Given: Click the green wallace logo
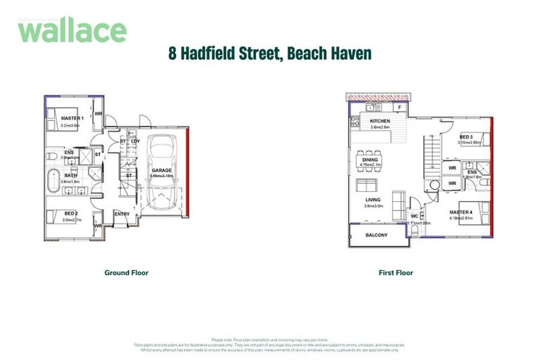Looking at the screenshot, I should (x=72, y=30).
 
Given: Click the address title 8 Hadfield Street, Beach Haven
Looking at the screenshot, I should (x=269, y=53).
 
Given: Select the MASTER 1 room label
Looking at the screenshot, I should (x=72, y=118).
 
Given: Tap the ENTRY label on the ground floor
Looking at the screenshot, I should (x=122, y=214).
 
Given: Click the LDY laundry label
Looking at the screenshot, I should (x=135, y=141).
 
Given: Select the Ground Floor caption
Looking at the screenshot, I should (x=127, y=273).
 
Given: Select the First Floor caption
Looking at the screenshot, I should (x=396, y=273).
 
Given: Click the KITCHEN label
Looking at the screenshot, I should (x=380, y=121).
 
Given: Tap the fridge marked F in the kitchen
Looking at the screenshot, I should (x=399, y=108).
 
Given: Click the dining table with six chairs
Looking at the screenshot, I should (x=370, y=155).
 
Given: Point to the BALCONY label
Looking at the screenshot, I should (x=377, y=235).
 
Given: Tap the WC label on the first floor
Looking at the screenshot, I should (x=415, y=215).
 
